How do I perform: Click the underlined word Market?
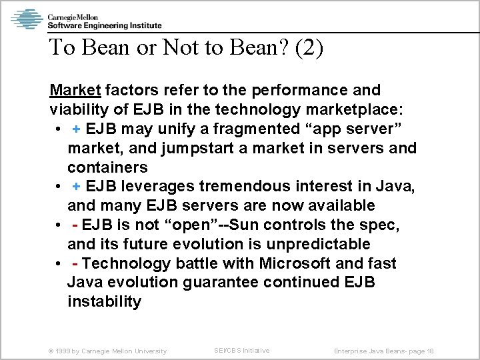click(x=73, y=89)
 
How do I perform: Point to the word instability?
click(x=104, y=302)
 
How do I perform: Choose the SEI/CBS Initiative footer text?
click(x=242, y=350)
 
